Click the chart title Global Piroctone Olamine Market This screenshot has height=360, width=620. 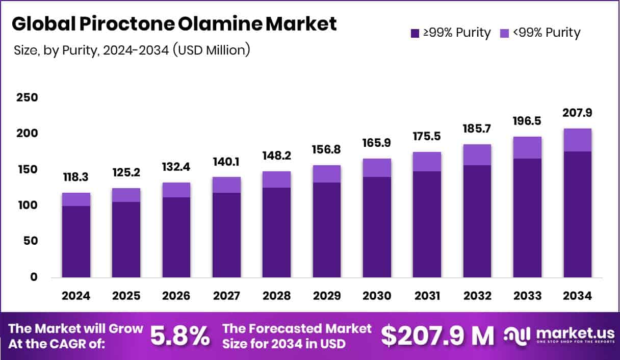tap(174, 24)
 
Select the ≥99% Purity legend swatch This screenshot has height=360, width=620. tap(415, 33)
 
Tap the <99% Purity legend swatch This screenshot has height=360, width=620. tap(504, 33)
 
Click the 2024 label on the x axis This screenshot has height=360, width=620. tap(75, 296)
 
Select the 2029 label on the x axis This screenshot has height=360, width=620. tap(327, 296)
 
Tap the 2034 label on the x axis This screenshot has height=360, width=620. tap(578, 296)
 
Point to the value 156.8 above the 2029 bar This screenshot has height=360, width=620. tap(327, 149)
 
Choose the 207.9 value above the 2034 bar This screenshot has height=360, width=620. tap(578, 112)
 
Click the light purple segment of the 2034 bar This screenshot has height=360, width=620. tap(578, 140)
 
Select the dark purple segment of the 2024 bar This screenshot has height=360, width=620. tap(75, 242)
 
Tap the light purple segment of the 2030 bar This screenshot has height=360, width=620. tap(377, 168)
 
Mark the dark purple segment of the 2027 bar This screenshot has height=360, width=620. tap(226, 235)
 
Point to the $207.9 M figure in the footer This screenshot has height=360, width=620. tap(437, 336)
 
